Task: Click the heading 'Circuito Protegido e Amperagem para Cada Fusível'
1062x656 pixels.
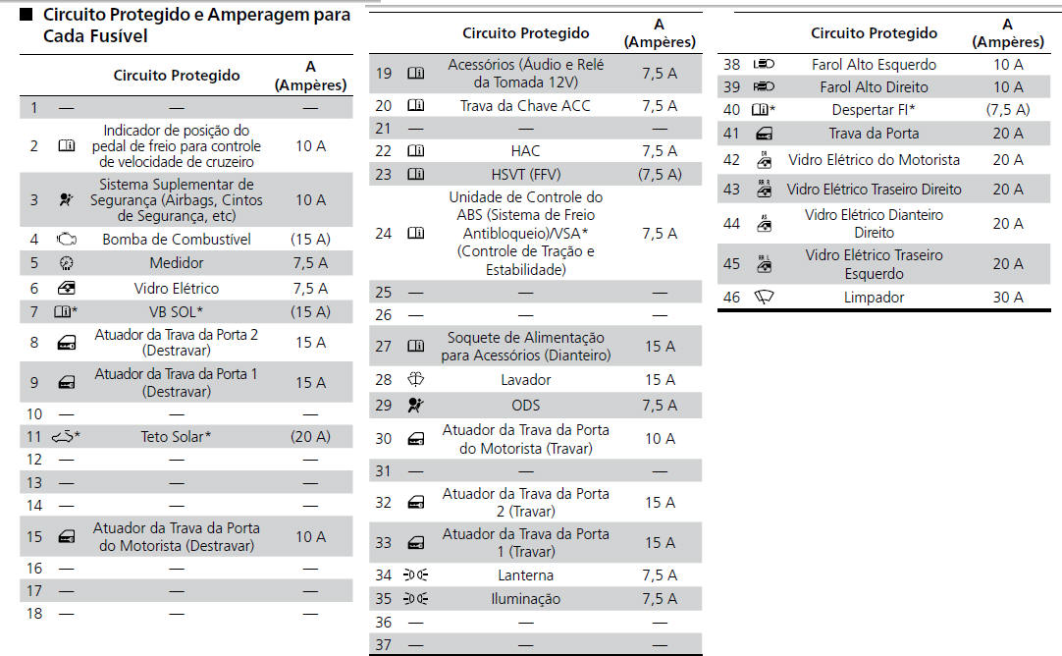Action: coord(186,27)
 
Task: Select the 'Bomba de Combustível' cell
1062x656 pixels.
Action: coord(177,240)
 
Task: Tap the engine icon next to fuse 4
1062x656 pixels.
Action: coord(66,240)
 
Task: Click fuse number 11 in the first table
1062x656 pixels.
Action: coord(34,436)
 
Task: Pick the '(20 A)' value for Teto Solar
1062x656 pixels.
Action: coord(310,436)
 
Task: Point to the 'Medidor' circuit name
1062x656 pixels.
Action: coord(177,263)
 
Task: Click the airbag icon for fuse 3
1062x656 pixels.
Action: coord(66,199)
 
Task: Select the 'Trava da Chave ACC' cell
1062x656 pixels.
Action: coord(525,106)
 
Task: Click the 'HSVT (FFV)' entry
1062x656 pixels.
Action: coord(525,175)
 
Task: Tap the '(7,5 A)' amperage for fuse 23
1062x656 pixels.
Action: coord(659,175)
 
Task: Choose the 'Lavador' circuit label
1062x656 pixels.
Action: coord(525,380)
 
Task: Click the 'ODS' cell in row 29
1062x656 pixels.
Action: coord(525,405)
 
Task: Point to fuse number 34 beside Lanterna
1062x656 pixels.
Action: coord(384,575)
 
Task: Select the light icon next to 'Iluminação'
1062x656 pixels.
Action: coord(416,599)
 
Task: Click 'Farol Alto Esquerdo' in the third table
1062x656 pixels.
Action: coord(874,65)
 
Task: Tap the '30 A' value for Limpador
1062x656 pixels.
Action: coord(1007,298)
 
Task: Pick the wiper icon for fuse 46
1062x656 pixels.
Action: coord(764,298)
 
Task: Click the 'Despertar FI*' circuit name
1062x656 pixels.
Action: coord(874,110)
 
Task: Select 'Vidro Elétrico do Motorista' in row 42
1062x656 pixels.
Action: coord(874,160)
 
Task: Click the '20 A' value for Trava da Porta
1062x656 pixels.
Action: coord(1007,134)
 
